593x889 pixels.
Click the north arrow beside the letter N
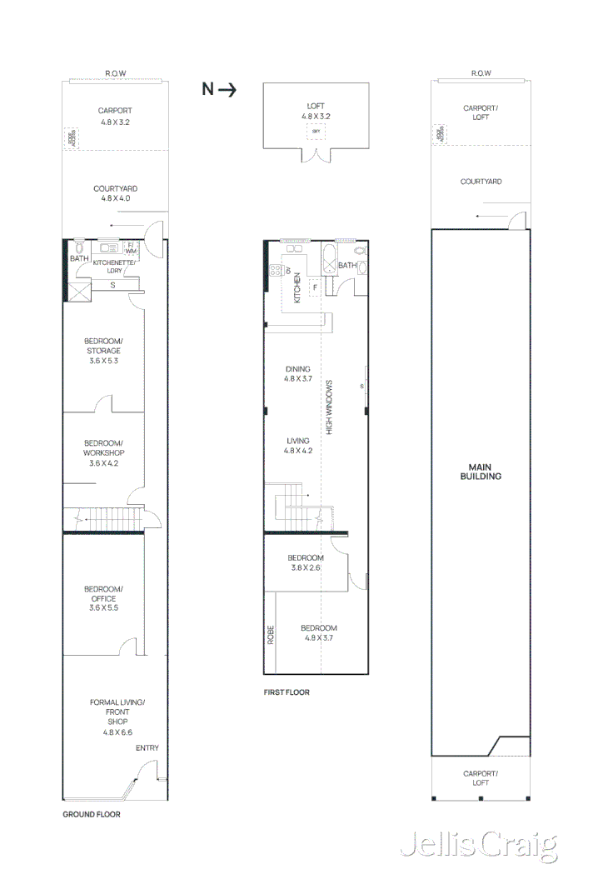coord(227,89)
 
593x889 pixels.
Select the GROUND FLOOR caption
coord(92,814)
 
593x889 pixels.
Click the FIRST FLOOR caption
coord(287,692)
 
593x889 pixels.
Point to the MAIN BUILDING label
coord(480,472)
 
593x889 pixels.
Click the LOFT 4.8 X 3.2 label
coord(316,112)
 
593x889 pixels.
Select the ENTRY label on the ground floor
coord(147,748)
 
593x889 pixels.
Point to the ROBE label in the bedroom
coord(271,636)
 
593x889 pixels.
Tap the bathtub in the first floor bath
coord(329,260)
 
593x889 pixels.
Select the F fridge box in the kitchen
coord(315,289)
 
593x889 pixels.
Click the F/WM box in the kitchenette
coord(132,247)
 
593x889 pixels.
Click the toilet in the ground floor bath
coord(79,247)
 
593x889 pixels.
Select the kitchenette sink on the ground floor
coord(108,247)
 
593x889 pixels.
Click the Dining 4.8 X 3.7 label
coord(297,373)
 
